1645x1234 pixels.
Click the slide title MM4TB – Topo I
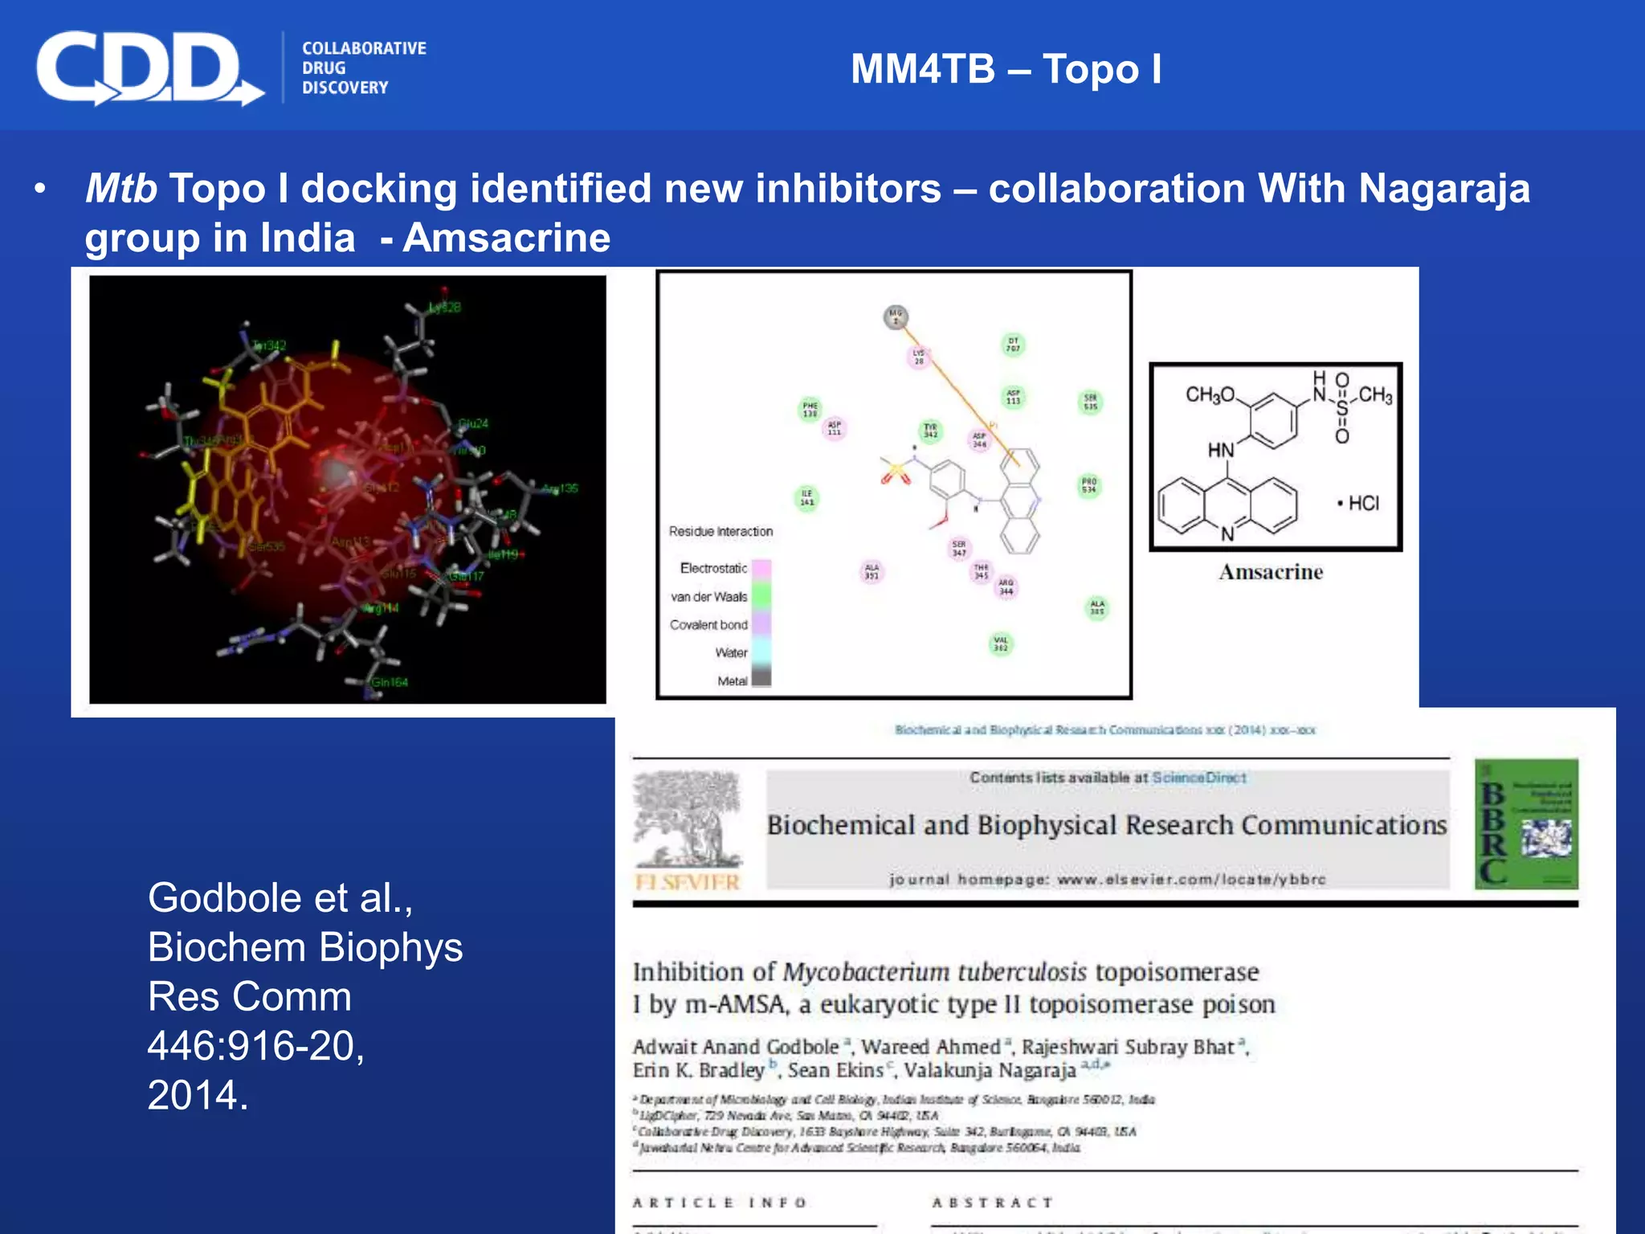point(1006,69)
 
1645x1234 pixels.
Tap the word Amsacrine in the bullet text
point(506,238)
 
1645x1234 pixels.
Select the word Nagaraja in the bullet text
point(1443,189)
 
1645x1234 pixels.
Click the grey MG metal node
point(896,317)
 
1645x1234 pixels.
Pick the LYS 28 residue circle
point(918,357)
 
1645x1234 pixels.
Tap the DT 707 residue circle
point(1013,345)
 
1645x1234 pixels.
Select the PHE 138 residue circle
point(810,410)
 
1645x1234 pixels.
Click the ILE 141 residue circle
point(806,498)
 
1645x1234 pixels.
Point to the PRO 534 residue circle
point(1088,485)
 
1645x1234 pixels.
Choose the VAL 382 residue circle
point(1001,644)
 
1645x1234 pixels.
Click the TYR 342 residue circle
point(930,431)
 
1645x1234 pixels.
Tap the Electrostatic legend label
point(713,568)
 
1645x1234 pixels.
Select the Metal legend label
point(732,680)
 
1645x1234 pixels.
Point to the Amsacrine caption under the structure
point(1271,572)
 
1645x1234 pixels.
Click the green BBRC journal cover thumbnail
point(1526,824)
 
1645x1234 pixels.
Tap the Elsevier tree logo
point(687,819)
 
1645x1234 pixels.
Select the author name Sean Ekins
point(835,1070)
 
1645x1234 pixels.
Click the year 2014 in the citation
point(198,1095)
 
